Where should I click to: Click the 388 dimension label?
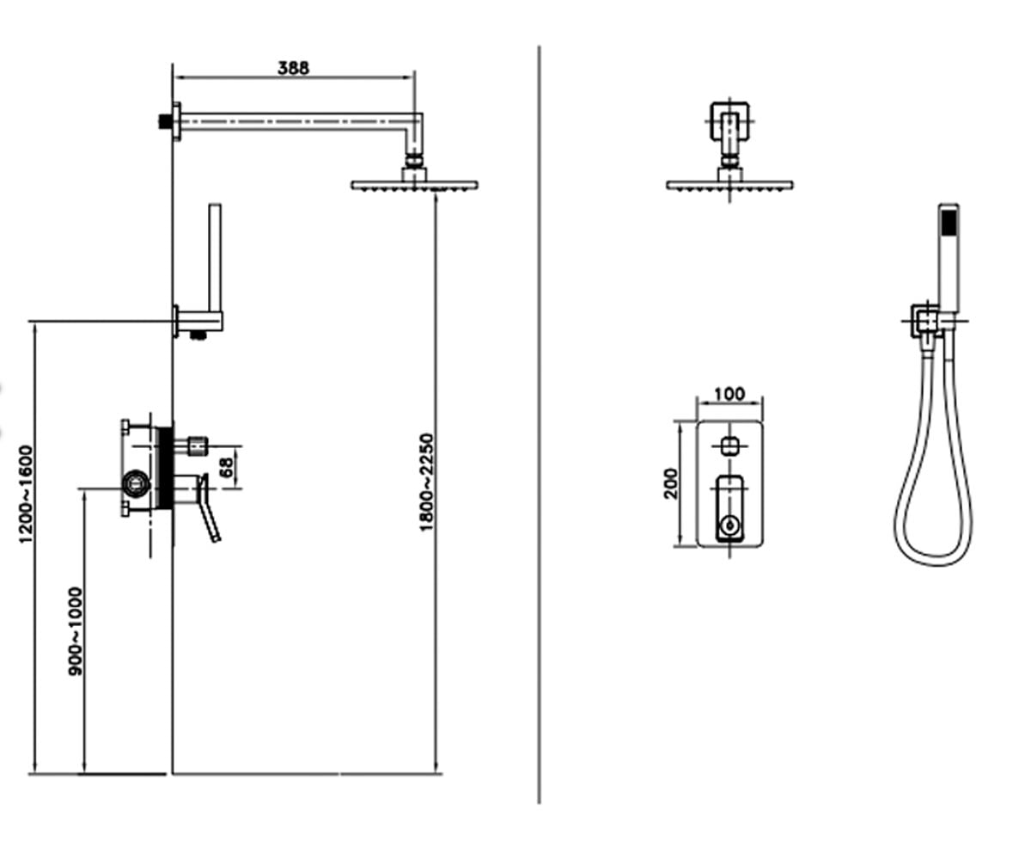[293, 68]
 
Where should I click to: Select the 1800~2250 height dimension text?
[426, 482]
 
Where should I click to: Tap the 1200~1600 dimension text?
[25, 494]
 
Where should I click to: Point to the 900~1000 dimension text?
[75, 631]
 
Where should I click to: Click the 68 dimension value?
[226, 467]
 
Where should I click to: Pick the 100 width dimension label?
[729, 395]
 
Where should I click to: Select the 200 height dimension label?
[671, 484]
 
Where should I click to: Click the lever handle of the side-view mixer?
[208, 508]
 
